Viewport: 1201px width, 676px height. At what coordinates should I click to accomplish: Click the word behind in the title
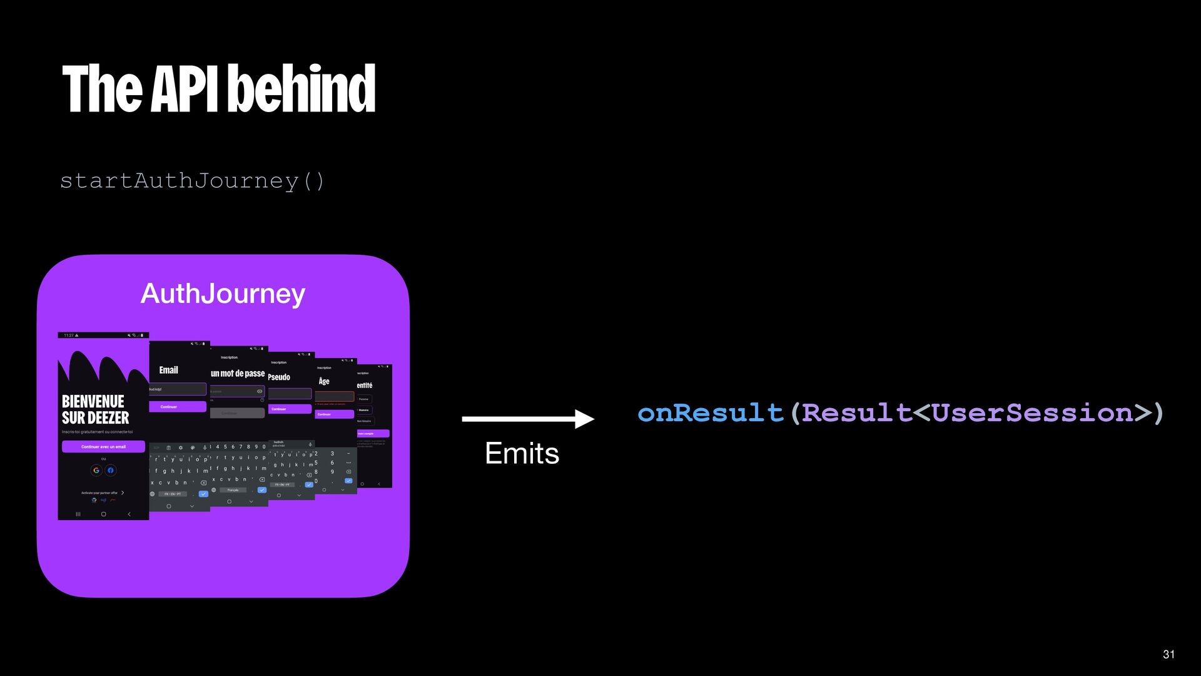point(306,89)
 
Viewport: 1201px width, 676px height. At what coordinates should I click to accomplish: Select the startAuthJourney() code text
point(193,181)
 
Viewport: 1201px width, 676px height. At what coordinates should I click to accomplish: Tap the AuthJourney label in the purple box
point(223,294)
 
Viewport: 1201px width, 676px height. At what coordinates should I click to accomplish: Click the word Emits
point(522,453)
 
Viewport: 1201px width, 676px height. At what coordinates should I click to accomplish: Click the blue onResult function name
point(711,413)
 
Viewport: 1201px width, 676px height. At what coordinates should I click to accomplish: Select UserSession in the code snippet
point(1032,413)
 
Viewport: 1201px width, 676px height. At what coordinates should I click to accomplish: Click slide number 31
point(1168,654)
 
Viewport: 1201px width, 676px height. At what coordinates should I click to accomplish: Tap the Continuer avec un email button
point(103,447)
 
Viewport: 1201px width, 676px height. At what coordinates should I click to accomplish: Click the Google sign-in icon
point(96,470)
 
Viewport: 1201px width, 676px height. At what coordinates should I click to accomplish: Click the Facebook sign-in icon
point(111,470)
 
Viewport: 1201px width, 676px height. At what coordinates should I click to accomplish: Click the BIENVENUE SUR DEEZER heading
point(95,409)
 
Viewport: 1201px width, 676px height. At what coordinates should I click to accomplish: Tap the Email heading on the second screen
point(168,370)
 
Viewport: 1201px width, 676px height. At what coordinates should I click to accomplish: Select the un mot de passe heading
point(238,374)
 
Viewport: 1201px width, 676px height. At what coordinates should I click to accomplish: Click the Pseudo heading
point(279,377)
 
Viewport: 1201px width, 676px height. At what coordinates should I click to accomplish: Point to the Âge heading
point(324,381)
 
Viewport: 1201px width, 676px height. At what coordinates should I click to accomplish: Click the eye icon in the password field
point(260,391)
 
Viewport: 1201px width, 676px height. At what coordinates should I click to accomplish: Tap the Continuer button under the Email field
point(169,407)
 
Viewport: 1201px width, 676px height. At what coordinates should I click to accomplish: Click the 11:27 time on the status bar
point(69,335)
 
